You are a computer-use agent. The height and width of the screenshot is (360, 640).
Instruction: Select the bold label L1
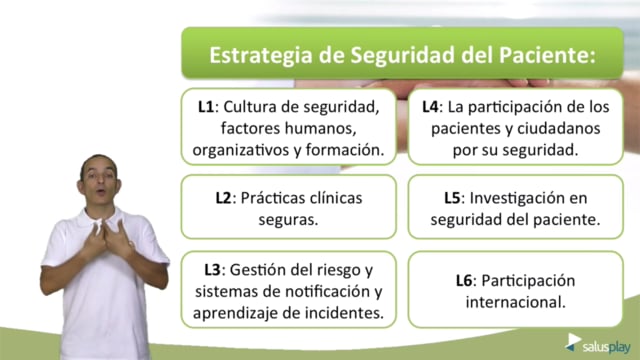pyautogui.click(x=206, y=107)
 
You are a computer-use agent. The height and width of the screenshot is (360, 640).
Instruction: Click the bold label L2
pyautogui.click(x=224, y=198)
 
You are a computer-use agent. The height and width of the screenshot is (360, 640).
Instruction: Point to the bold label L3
pyautogui.click(x=212, y=270)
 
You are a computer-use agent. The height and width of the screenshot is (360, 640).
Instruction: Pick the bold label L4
pyautogui.click(x=430, y=107)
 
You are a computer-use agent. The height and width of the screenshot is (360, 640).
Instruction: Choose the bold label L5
pyautogui.click(x=452, y=198)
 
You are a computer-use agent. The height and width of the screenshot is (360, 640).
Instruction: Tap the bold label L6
pyautogui.click(x=464, y=281)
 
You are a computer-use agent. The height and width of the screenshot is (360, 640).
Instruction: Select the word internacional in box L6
pyautogui.click(x=516, y=302)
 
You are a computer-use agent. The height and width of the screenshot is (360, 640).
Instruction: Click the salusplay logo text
pyautogui.click(x=607, y=348)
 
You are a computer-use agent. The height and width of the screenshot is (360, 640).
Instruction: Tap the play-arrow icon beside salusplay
pyautogui.click(x=573, y=342)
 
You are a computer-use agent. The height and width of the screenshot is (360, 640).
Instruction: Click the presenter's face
pyautogui.click(x=99, y=180)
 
